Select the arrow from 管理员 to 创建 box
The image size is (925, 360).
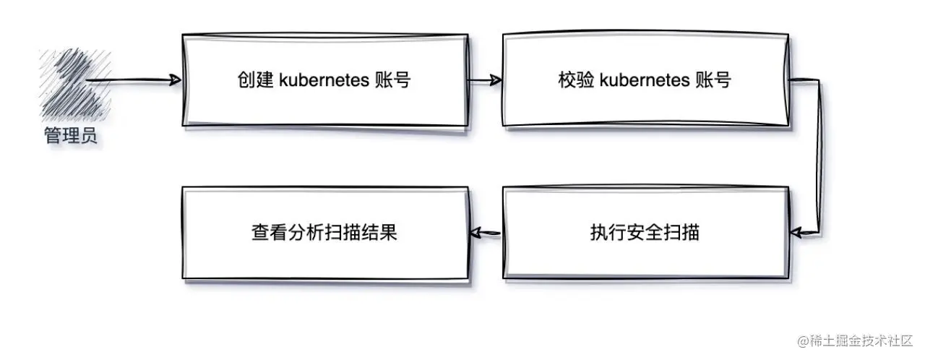pos(130,80)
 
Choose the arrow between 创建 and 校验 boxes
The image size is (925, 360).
pos(484,80)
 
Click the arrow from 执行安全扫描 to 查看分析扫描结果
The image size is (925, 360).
pos(485,233)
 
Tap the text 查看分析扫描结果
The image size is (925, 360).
pos(324,233)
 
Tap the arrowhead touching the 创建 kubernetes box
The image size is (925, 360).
pos(173,80)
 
